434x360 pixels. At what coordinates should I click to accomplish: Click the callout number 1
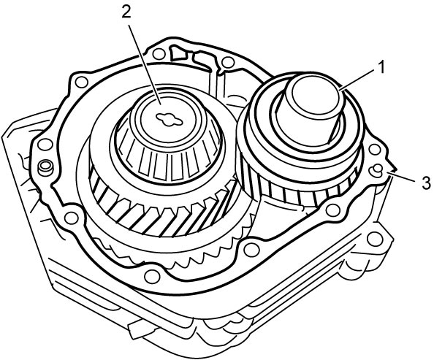tap(381, 67)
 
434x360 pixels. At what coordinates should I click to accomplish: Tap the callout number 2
tap(126, 11)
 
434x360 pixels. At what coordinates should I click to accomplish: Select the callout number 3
tap(426, 183)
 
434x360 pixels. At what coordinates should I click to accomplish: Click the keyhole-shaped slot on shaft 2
tap(169, 120)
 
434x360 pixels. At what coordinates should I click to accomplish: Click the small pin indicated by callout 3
tap(378, 169)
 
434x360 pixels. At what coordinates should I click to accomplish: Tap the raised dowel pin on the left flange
tap(46, 168)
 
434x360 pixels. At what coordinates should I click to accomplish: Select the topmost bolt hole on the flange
tap(159, 54)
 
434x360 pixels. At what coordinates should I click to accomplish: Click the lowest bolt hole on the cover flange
tap(151, 277)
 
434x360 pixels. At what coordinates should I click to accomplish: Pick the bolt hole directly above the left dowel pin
tap(45, 144)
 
